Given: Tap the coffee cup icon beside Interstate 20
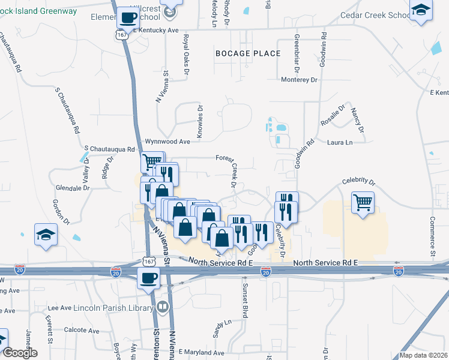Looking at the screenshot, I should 149,278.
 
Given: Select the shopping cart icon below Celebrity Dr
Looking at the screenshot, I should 363,203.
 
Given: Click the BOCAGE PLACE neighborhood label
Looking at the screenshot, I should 248,53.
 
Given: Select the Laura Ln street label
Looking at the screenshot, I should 340,142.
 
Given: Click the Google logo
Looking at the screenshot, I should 19,353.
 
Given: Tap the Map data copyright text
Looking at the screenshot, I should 423,355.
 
